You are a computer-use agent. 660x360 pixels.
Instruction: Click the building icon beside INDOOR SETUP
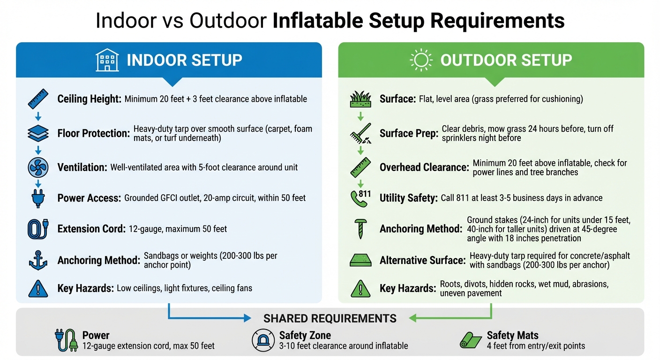pyautogui.click(x=107, y=60)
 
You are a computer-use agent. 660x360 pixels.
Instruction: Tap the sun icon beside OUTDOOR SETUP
pyautogui.click(x=420, y=60)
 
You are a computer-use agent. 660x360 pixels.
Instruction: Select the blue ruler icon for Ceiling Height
pyautogui.click(x=38, y=99)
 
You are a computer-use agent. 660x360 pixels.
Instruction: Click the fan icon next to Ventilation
pyautogui.click(x=38, y=167)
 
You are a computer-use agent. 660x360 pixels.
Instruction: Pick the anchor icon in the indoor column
pyautogui.click(x=38, y=260)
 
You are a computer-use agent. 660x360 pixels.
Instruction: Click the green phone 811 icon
pyautogui.click(x=360, y=197)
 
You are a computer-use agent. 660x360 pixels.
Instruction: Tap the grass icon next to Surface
pyautogui.click(x=360, y=99)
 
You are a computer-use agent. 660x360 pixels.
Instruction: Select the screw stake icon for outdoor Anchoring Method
pyautogui.click(x=361, y=229)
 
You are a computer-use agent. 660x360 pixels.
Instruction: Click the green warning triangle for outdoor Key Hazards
pyautogui.click(x=360, y=288)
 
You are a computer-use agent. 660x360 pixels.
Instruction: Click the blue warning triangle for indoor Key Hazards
pyautogui.click(x=38, y=288)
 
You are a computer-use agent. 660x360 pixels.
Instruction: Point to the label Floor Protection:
pyautogui.click(x=93, y=134)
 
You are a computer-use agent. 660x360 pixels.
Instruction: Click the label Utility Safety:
pyautogui.click(x=408, y=198)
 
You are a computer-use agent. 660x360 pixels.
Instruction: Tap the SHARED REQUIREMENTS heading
pyautogui.click(x=330, y=319)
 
